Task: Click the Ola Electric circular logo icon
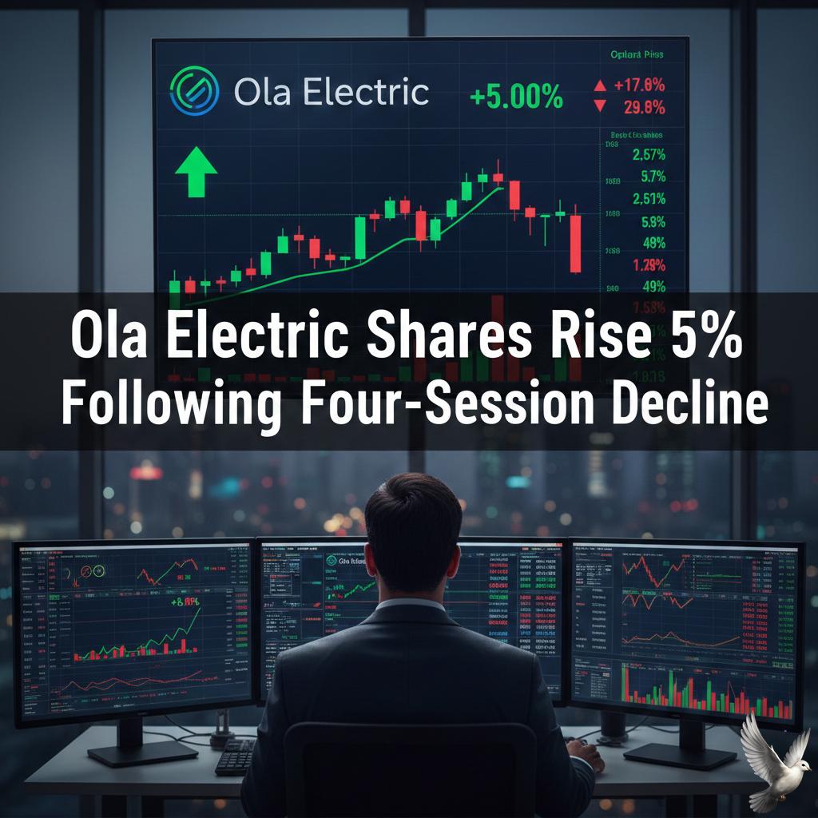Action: (x=194, y=93)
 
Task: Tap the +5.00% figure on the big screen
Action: (x=516, y=98)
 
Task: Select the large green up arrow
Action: (x=196, y=171)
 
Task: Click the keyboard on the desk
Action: (x=236, y=755)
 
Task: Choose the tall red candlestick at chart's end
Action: (x=575, y=243)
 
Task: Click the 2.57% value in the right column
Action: (x=648, y=156)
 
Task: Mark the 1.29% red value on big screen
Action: (x=648, y=265)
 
